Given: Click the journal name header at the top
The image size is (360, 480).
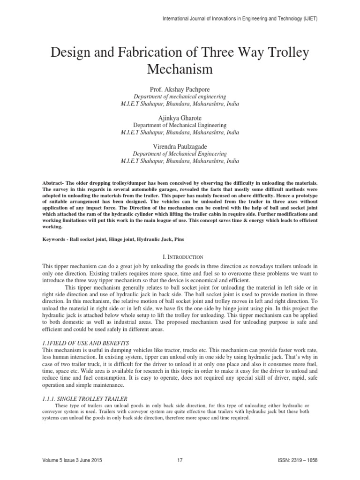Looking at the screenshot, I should (240, 19).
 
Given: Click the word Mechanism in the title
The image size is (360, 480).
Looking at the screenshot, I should (180, 69).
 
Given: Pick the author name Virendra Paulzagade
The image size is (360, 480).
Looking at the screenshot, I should (180, 146).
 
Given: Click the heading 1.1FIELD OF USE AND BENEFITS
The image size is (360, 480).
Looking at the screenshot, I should (88, 343).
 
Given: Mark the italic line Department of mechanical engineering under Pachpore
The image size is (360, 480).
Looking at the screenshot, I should (180, 96).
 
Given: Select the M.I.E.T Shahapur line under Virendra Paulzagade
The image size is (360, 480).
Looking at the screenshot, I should (180, 161).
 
